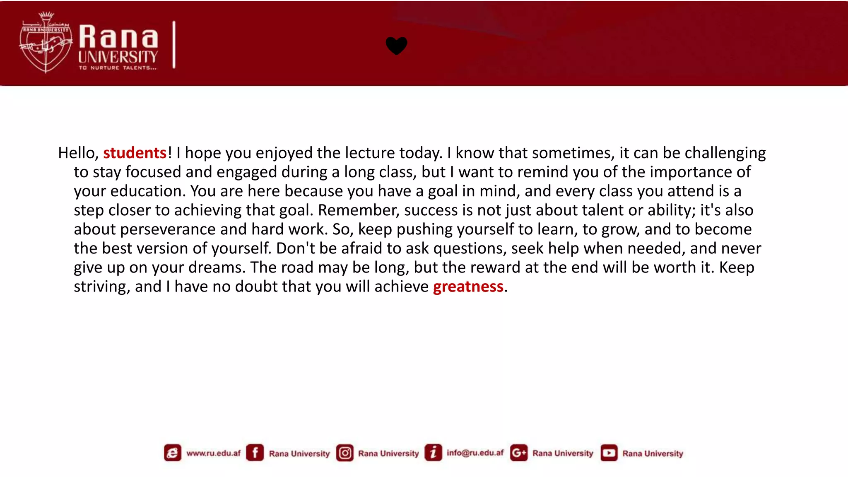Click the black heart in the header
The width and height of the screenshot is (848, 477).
[396, 46]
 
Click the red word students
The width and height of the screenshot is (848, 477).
[135, 153]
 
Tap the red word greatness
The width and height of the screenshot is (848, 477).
[468, 287]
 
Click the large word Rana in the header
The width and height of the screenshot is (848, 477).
[118, 37]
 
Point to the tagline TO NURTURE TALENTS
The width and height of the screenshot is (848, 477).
[118, 68]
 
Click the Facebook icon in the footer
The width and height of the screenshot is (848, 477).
[255, 453]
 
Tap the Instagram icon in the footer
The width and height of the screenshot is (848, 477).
[344, 453]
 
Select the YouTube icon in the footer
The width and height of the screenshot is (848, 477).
[609, 453]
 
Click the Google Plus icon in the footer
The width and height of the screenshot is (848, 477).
[518, 453]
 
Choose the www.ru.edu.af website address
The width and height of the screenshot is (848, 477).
[213, 453]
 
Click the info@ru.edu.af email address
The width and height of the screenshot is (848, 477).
[475, 453]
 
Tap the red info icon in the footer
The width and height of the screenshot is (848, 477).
[433, 453]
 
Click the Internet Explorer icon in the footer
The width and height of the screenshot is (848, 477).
[172, 453]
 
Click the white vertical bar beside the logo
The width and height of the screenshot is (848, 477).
[174, 45]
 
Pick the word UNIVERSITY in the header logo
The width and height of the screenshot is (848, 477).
[118, 57]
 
